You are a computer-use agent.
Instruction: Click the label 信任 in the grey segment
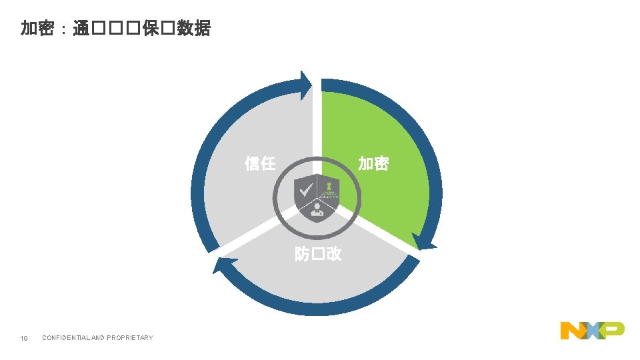tap(260, 163)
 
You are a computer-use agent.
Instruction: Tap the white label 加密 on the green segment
tap(373, 163)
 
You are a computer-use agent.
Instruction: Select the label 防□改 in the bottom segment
tap(318, 254)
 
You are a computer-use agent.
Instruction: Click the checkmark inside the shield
tap(305, 189)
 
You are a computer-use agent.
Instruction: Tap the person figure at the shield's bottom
tap(317, 210)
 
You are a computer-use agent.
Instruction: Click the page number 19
tap(24, 338)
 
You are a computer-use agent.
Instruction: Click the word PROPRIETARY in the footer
tap(130, 338)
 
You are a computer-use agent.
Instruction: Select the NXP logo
tap(592, 329)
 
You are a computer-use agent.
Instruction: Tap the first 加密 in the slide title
tap(37, 29)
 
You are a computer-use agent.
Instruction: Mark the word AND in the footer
tap(97, 338)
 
